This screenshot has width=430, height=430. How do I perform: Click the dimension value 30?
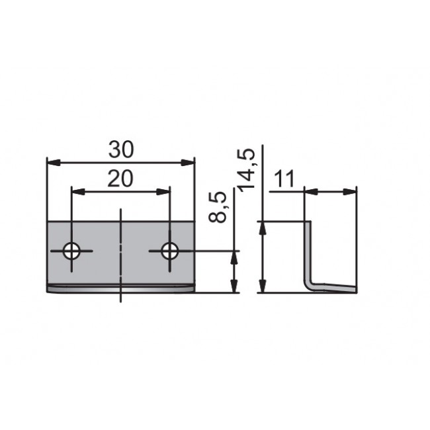(x=121, y=150)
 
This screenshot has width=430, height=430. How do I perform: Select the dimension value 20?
(x=121, y=179)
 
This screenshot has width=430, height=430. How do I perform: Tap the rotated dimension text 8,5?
(x=222, y=207)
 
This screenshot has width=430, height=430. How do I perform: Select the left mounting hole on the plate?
(x=71, y=251)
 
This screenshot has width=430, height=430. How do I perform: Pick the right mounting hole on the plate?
(x=170, y=251)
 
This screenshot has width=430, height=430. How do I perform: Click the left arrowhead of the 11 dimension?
(x=310, y=192)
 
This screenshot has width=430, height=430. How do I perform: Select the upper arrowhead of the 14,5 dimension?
(x=263, y=228)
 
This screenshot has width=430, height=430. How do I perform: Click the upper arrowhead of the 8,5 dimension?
(x=234, y=257)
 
